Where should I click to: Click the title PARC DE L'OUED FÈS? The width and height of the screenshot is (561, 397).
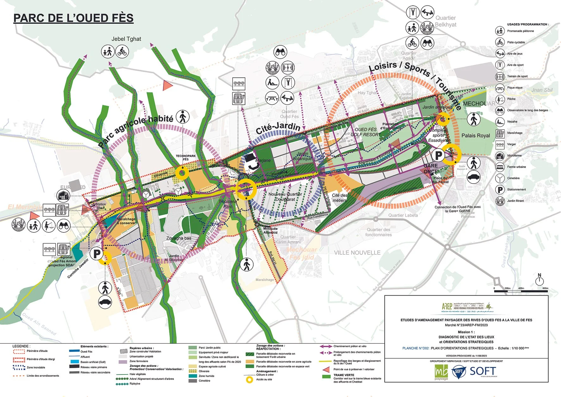[73, 18]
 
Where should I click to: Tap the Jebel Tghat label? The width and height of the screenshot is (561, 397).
[126, 39]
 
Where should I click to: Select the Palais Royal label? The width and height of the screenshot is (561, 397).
[475, 136]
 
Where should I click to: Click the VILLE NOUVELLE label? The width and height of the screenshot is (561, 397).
[357, 253]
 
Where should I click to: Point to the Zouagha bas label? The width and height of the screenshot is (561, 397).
[179, 238]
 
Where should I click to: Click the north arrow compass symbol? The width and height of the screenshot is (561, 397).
[539, 281]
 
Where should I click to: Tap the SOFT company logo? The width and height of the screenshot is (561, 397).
[475, 371]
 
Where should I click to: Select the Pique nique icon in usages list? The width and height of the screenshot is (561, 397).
[500, 88]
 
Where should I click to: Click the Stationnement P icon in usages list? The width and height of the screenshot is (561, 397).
[500, 190]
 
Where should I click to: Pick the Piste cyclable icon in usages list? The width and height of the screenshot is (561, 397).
[500, 42]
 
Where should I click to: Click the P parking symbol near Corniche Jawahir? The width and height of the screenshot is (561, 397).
[97, 254]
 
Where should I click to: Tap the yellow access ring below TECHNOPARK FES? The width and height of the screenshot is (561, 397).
[182, 173]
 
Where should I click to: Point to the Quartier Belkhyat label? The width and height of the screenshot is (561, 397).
[445, 21]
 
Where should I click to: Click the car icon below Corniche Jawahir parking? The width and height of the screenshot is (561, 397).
[105, 302]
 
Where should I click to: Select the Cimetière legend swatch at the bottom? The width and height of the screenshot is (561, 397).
[193, 381]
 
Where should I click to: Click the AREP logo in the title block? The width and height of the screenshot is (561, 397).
[447, 306]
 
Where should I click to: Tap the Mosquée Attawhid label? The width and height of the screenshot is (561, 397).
[270, 231]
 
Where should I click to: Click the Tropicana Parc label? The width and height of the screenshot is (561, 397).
[227, 204]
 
